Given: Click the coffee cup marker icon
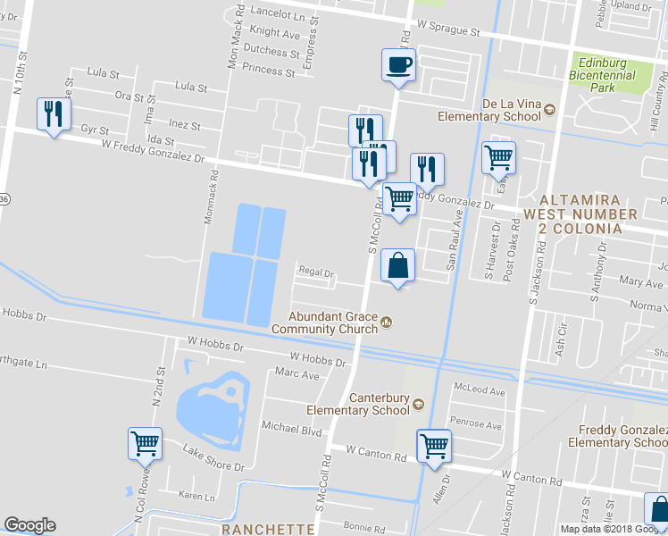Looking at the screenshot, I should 399,65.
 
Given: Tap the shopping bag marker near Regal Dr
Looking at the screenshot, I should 398,265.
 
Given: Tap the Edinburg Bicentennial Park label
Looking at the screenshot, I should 606,75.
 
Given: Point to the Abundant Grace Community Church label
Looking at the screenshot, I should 331,322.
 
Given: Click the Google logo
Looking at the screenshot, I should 29,525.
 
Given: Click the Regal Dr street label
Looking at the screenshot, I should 315,273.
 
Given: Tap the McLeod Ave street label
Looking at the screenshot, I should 480,391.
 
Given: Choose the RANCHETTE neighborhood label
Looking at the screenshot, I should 268,529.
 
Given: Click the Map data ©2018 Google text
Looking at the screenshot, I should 613,529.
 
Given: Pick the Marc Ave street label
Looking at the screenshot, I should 297,374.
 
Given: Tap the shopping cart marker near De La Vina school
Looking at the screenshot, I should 498,159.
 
